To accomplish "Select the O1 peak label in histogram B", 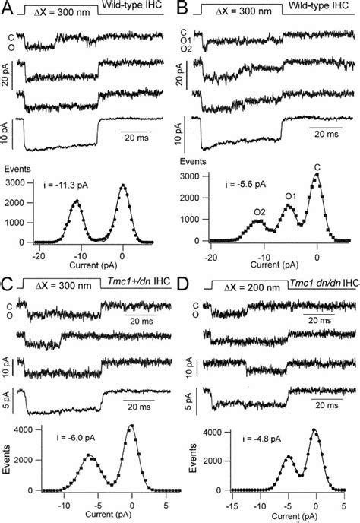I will point(289,196).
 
